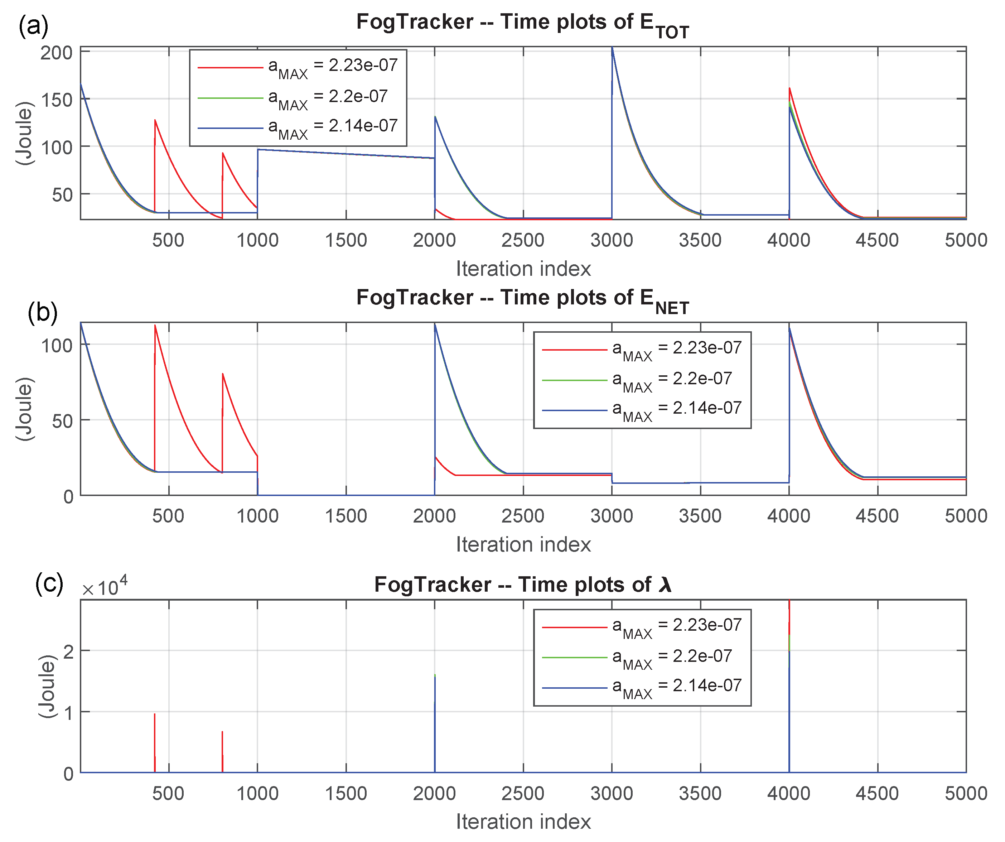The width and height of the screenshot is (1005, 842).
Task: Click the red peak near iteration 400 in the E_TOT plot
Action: coord(155,121)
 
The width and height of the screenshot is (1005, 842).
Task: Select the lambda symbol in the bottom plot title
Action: coord(665,585)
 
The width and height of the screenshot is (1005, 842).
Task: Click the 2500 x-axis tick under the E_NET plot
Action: coord(523,516)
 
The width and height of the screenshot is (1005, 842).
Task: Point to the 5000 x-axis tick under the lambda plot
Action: coord(965,794)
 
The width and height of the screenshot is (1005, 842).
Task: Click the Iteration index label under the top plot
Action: coord(523,269)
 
